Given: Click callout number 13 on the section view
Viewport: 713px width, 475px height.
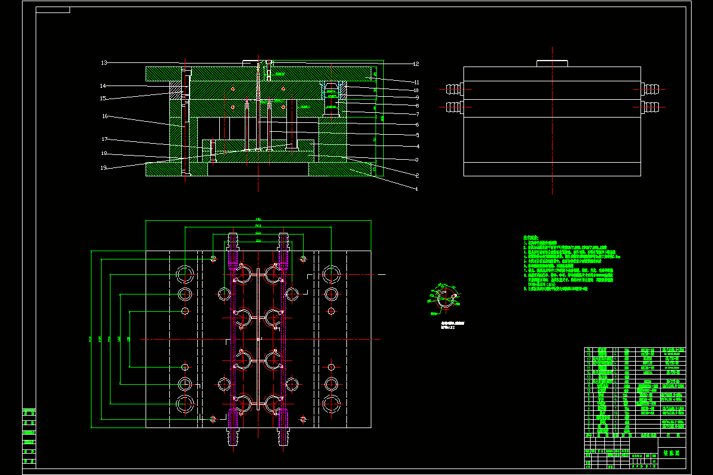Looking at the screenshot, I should click(103, 62).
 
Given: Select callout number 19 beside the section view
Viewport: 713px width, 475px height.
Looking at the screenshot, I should click(103, 167).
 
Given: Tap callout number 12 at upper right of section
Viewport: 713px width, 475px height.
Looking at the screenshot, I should click(417, 64).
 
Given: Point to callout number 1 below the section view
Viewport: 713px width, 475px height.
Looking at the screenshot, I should click(417, 189).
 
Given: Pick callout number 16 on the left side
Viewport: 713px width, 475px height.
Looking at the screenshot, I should click(105, 116).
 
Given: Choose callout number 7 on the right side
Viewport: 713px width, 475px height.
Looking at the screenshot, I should click(417, 114).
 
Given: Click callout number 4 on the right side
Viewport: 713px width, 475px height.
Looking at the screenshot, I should click(417, 146).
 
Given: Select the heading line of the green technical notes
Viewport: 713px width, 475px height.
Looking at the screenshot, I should click(531, 237).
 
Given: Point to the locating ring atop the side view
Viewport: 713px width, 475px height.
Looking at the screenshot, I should click(553, 63).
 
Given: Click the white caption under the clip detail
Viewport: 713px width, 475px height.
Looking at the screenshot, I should click(452, 325).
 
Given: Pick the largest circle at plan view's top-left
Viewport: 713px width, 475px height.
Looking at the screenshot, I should click(185, 274).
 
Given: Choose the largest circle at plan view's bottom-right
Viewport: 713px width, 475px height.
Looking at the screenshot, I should click(330, 404).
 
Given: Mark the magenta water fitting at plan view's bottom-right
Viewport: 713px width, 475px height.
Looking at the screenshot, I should click(283, 428).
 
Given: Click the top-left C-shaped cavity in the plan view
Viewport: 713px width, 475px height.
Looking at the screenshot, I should click(244, 275).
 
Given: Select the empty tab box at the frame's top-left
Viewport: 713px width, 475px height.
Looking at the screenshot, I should click(53, 9).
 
